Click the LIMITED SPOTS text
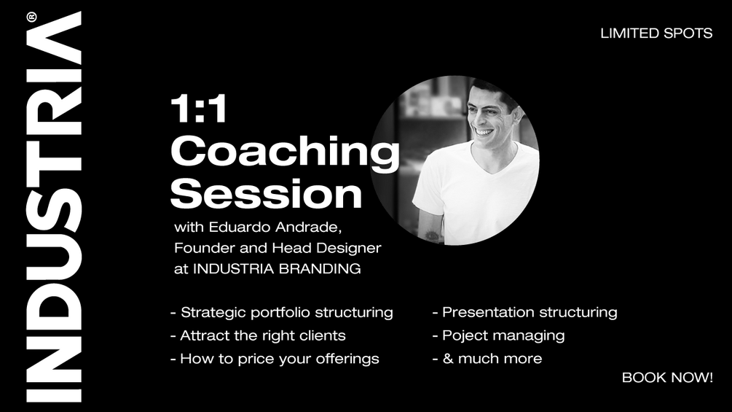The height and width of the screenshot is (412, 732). tap(656, 34)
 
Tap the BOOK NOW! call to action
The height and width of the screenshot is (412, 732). tap(666, 378)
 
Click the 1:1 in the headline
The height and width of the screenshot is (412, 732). tap(199, 110)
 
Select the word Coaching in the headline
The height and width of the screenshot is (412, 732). tap(284, 152)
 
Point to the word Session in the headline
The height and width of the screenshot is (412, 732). tap(266, 194)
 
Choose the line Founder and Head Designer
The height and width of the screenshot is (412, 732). tap(277, 248)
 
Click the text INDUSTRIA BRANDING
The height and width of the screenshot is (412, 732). tap(277, 268)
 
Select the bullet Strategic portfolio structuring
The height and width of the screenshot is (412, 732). tap(281, 313)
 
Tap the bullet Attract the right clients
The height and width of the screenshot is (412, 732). tap(258, 336)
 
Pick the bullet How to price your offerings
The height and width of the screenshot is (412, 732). tap(275, 359)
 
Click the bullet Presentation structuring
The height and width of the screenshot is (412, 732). tap(524, 313)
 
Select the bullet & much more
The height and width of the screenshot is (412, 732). tap(487, 359)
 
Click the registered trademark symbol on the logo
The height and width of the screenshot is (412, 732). tap(31, 18)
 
